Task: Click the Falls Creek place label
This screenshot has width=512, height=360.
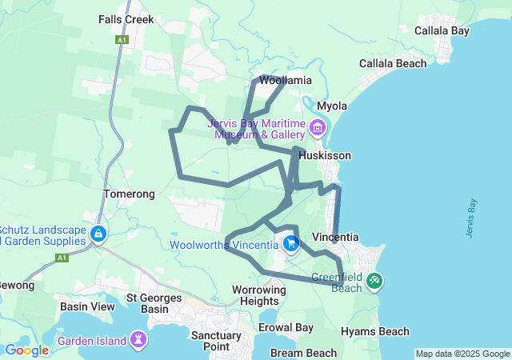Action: tap(126, 18)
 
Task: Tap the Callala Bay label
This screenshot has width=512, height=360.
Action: tap(442, 31)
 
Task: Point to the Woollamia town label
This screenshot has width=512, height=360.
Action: tap(286, 81)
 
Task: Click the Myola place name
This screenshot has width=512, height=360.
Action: tap(333, 106)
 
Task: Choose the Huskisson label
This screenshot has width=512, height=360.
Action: tap(325, 156)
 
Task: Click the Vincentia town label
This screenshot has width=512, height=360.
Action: tap(335, 238)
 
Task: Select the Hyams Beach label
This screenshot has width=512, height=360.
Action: tap(375, 331)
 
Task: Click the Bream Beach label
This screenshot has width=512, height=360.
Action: tap(303, 353)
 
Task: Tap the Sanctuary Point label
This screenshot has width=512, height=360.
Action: tap(216, 341)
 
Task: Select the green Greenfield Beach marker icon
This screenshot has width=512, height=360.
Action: tap(375, 282)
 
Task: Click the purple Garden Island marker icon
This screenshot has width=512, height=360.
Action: tap(139, 341)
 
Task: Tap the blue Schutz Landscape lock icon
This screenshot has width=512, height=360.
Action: tap(98, 234)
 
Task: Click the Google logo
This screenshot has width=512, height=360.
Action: tap(27, 350)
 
